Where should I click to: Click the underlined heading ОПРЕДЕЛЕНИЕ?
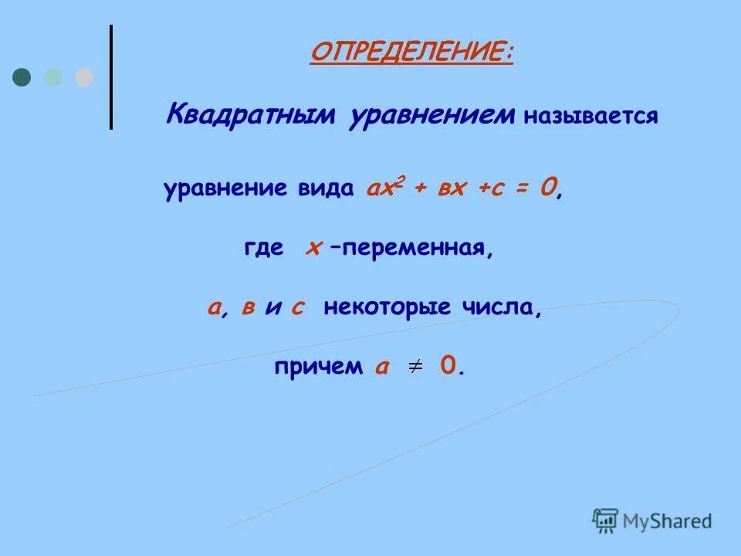click(x=411, y=54)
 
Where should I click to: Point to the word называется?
click(x=590, y=117)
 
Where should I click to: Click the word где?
click(x=263, y=249)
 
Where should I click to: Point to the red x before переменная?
click(x=313, y=249)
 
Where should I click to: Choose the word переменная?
click(x=413, y=249)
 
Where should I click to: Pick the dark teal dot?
click(x=22, y=77)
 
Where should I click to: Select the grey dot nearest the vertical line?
click(x=83, y=77)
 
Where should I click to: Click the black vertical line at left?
click(x=111, y=77)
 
